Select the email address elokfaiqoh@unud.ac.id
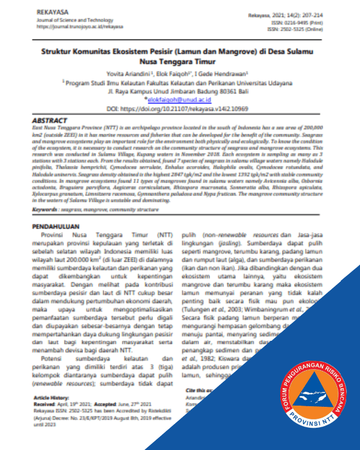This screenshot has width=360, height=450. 181,101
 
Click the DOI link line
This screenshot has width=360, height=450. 179,111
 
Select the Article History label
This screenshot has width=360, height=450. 51,398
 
